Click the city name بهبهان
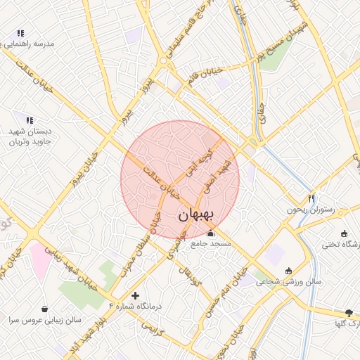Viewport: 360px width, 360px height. point(200,215)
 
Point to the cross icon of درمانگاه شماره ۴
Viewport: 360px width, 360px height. point(135,295)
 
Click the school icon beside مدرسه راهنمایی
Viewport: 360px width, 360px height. point(20,33)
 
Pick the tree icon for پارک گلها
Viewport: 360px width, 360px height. point(348,312)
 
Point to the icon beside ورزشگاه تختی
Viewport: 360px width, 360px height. point(344,234)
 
